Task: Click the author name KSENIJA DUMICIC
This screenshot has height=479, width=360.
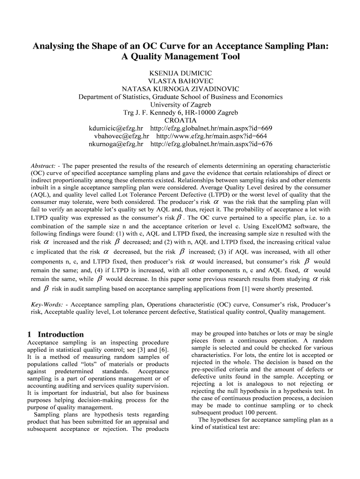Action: click(180, 73)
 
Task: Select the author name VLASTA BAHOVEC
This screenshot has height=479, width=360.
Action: click(180, 81)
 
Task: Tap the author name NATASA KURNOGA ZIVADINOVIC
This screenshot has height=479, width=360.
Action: click(180, 89)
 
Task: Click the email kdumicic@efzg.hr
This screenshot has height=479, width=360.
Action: click(116, 128)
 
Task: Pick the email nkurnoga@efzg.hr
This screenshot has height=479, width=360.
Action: click(116, 144)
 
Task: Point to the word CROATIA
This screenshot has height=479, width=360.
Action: click(180, 121)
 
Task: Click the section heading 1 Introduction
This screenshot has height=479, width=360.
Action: click(56, 334)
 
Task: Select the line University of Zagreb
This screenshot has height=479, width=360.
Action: click(180, 105)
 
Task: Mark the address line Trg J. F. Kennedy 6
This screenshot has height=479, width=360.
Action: click(180, 113)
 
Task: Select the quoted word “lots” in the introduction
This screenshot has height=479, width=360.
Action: click(84, 364)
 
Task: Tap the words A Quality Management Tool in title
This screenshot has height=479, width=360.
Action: click(180, 57)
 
